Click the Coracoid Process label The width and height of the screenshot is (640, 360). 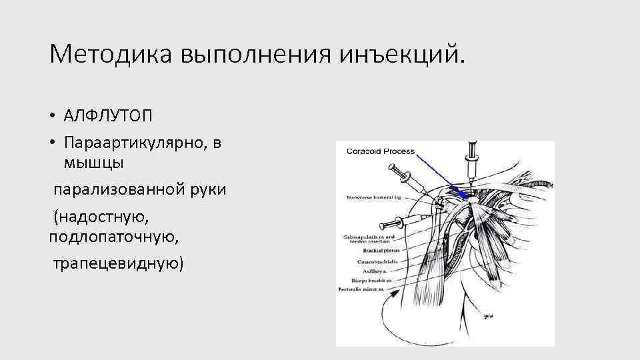point(380,151)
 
